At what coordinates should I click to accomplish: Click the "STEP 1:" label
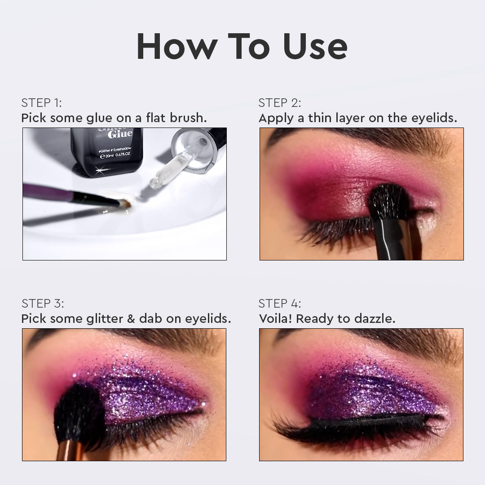[x=41, y=103]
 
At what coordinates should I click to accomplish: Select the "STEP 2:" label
[x=280, y=103]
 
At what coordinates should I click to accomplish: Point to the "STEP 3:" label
[x=43, y=304]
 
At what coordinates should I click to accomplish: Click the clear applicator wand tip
[x=157, y=182]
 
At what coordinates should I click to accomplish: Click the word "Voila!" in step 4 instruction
[x=275, y=319]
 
